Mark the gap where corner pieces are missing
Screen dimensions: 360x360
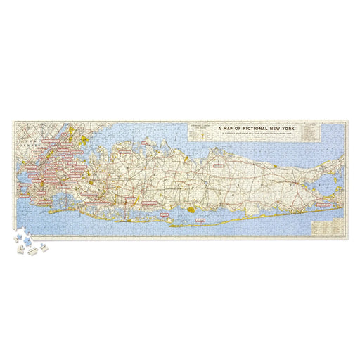coord(18,233)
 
